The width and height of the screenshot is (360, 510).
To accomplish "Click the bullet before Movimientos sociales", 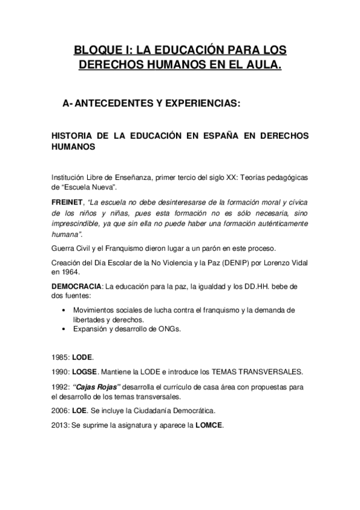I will pyautogui.click(x=64, y=310).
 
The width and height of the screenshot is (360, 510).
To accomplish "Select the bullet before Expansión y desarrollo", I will pyautogui.click(x=64, y=329).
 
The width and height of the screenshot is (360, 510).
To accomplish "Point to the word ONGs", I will pyautogui.click(x=186, y=329).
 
